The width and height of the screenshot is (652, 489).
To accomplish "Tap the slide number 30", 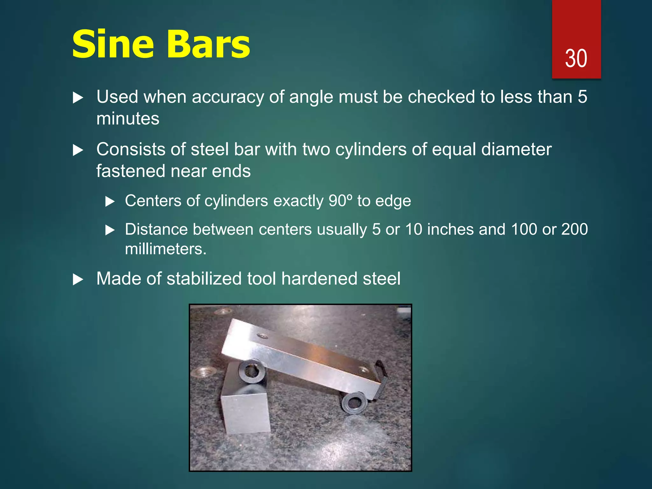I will pyautogui.click(x=576, y=59).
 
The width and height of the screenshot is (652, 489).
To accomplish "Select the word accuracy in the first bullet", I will pyautogui.click(x=228, y=97).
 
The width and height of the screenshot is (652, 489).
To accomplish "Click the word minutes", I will pyautogui.click(x=128, y=119).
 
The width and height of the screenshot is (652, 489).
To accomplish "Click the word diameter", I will pyautogui.click(x=516, y=149).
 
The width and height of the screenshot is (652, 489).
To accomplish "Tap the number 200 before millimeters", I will pyautogui.click(x=574, y=229).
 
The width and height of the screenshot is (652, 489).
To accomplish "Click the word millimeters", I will pyautogui.click(x=166, y=249).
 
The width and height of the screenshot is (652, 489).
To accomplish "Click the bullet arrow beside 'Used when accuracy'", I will pyautogui.click(x=78, y=97).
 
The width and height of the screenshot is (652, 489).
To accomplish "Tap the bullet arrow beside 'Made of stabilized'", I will pyautogui.click(x=78, y=280).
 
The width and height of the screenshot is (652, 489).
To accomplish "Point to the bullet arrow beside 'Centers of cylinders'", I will pyautogui.click(x=110, y=202).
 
